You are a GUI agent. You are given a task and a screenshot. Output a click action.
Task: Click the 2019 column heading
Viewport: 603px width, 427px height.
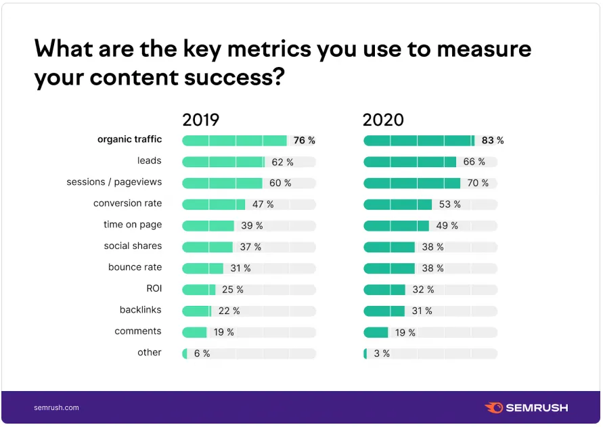point(200,120)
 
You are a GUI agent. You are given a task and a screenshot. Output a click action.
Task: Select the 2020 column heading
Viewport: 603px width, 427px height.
point(383,120)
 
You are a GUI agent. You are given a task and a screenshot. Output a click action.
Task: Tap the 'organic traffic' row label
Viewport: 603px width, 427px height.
point(129,139)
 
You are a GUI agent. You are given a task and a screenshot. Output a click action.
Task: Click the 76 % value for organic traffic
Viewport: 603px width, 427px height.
point(304,141)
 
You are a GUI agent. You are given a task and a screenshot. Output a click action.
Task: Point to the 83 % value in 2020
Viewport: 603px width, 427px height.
point(493,141)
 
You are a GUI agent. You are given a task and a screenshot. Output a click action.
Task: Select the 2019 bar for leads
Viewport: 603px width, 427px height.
point(223,162)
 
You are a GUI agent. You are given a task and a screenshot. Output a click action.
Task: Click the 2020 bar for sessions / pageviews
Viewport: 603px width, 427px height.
point(411,183)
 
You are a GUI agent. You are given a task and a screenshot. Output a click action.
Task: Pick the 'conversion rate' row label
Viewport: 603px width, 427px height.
point(127,203)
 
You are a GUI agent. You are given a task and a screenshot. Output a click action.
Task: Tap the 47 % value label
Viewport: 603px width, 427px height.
point(263,204)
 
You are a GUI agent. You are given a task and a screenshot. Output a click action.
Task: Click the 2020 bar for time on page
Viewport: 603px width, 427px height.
point(396,226)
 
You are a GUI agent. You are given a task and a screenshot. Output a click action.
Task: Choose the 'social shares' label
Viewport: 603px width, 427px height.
point(133,246)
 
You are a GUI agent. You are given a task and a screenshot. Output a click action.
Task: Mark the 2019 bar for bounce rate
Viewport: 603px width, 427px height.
point(202,269)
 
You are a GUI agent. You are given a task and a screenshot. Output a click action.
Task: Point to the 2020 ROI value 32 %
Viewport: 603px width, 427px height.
point(423,290)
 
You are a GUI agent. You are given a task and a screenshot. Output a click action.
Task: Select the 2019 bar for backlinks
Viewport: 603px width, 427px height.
point(197,311)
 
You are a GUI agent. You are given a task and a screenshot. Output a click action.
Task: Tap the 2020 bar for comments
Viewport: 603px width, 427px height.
point(376,332)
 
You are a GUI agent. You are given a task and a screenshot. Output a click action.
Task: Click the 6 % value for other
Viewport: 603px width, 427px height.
point(202,354)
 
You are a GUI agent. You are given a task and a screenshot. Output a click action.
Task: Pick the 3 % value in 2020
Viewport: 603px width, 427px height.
point(382,354)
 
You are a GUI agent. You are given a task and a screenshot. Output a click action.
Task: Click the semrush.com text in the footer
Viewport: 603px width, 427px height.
point(56,407)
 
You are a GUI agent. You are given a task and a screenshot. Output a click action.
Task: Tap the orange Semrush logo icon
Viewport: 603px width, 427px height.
point(493,407)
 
